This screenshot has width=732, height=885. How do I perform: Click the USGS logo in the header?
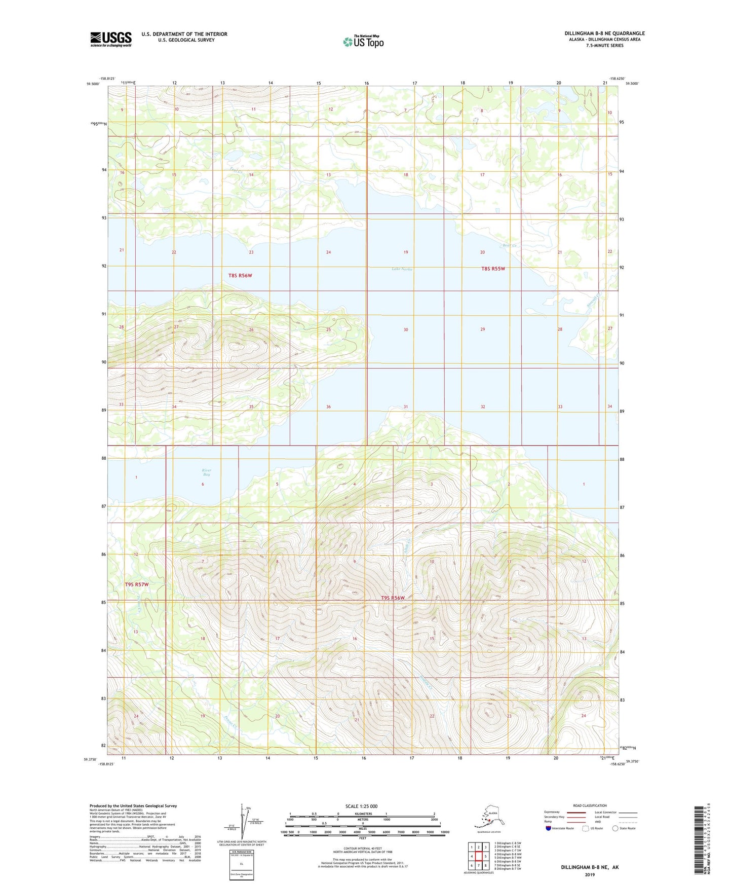tap(110, 39)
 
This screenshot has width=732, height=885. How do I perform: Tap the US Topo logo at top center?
tap(363, 42)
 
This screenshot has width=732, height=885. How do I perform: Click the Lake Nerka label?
tap(402, 269)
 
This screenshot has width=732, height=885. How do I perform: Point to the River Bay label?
tap(206, 472)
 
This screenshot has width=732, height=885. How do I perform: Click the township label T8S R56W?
tap(240, 276)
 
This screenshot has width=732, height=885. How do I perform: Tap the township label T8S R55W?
tap(493, 269)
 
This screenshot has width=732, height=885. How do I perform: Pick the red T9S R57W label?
tap(137, 584)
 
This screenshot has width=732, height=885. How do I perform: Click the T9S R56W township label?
tap(393, 598)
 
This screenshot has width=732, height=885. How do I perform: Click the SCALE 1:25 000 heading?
tap(361, 806)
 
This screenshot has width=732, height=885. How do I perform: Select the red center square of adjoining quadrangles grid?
tap(478, 856)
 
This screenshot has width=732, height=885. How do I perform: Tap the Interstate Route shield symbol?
tap(548, 828)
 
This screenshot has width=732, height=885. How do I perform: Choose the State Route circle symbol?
tap(615, 828)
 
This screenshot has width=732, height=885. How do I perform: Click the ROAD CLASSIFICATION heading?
tap(590, 805)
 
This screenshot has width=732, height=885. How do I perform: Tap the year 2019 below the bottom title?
tap(590, 874)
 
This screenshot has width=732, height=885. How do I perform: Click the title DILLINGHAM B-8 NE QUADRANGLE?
tap(604, 33)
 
